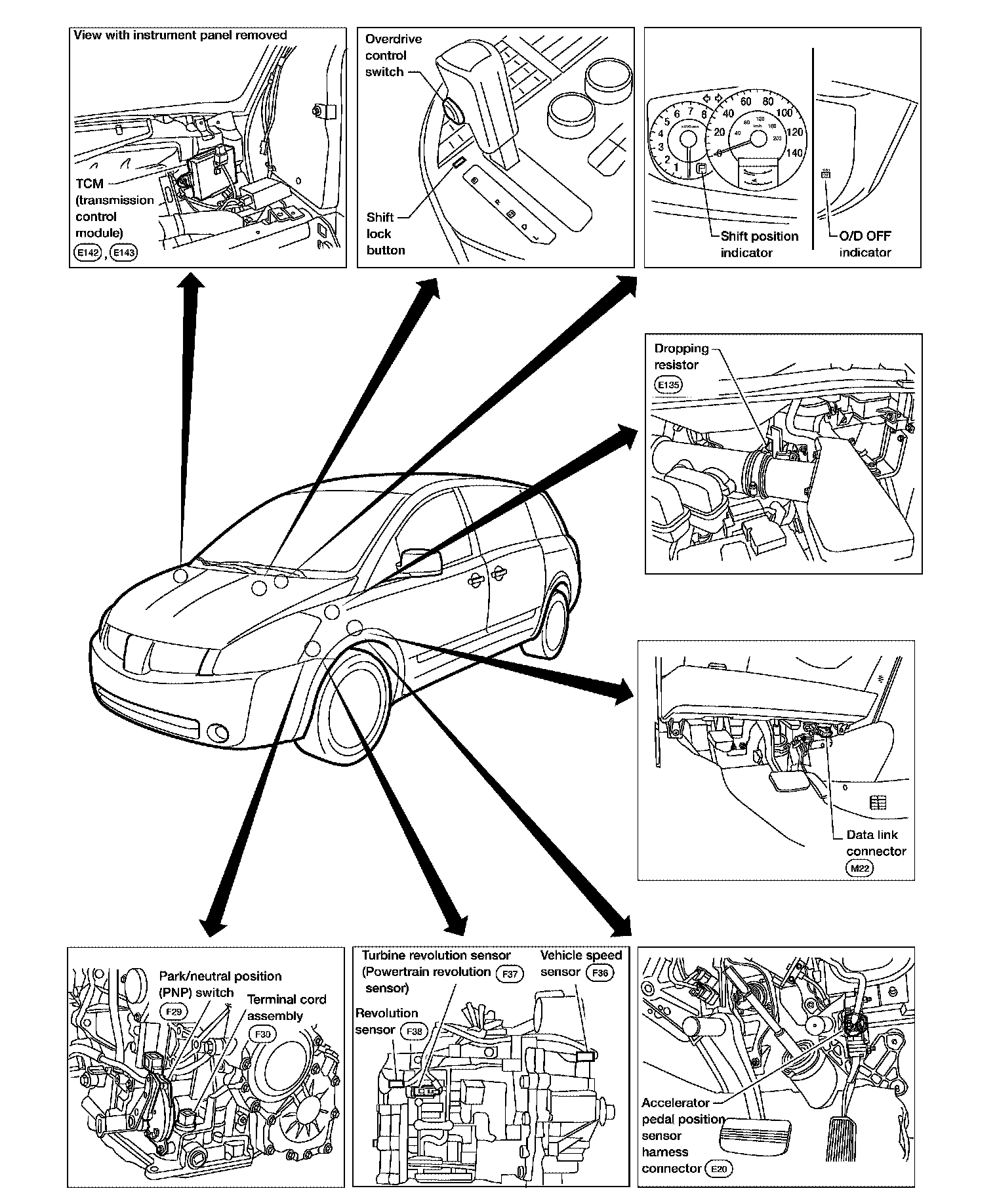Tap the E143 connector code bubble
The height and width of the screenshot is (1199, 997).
(123, 253)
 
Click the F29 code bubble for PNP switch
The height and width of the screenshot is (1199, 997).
(174, 1011)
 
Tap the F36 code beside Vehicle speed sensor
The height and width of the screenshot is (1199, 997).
(600, 973)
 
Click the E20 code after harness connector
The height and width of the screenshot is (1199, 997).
(719, 1168)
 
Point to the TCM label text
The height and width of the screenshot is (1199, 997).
(89, 184)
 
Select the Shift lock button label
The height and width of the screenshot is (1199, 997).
(385, 234)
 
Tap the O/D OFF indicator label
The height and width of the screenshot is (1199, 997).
(865, 244)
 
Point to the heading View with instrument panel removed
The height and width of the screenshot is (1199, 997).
(180, 35)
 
